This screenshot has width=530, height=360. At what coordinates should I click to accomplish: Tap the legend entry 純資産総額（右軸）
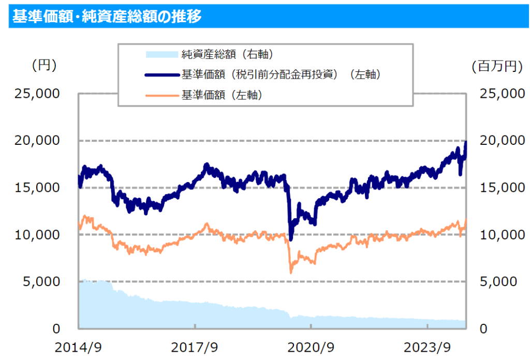(x=227, y=54)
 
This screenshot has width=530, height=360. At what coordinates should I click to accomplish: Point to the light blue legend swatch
(x=161, y=54)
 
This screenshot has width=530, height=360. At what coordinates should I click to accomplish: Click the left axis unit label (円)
(x=44, y=66)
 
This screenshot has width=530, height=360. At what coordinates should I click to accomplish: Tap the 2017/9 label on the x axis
(x=195, y=346)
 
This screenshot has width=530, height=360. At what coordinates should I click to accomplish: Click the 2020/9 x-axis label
(x=311, y=346)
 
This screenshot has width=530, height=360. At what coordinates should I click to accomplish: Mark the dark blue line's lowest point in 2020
(x=291, y=239)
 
